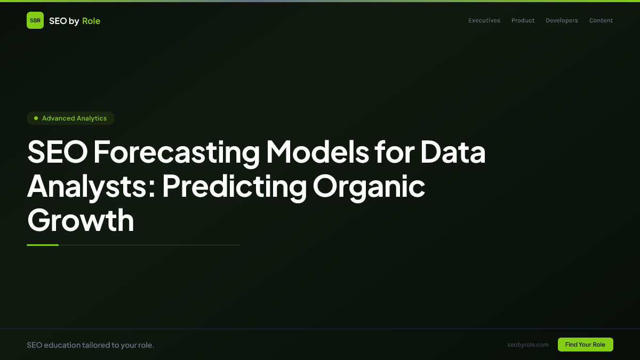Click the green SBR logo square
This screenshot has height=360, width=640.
pyautogui.click(x=35, y=20)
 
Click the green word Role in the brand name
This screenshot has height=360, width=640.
pyautogui.click(x=91, y=21)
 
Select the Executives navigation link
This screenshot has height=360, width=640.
pyautogui.click(x=484, y=21)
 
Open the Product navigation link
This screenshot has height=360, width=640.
pyautogui.click(x=523, y=21)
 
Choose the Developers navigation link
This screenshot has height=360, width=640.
pyautogui.click(x=562, y=21)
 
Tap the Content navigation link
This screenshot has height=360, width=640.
pyautogui.click(x=601, y=21)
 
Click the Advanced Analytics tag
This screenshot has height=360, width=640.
pyautogui.click(x=70, y=118)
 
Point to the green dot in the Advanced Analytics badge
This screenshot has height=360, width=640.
pyautogui.click(x=36, y=118)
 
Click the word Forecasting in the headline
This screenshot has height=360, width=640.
pyautogui.click(x=177, y=152)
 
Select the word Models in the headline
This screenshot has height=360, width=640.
pyautogui.click(x=317, y=152)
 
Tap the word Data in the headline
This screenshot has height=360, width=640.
pyautogui.click(x=453, y=152)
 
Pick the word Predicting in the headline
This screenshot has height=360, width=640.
pyautogui.click(x=234, y=186)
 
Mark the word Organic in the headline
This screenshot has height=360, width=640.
pyautogui.click(x=369, y=186)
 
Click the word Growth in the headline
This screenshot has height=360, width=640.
pyautogui.click(x=81, y=220)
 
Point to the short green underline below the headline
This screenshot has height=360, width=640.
pyautogui.click(x=43, y=245)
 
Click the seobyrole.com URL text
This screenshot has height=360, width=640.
pyautogui.click(x=528, y=345)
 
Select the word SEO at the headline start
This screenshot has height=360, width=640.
pyautogui.click(x=57, y=152)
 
